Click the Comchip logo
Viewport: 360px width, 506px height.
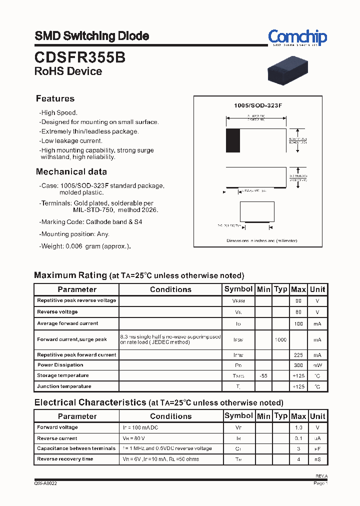[297, 37]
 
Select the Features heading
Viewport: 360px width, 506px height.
[55, 98]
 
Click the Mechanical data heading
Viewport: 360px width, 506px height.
[71, 171]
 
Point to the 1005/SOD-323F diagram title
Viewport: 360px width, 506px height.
[258, 106]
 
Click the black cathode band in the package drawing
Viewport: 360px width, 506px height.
[233, 140]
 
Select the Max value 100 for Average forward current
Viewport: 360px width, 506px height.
[298, 323]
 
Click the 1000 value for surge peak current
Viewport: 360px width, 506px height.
[280, 340]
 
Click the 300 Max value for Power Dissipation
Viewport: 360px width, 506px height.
[298, 365]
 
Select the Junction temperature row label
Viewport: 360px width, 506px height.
[64, 386]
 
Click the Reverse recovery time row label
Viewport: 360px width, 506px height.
[65, 459]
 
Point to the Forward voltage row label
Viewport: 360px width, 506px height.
[57, 427]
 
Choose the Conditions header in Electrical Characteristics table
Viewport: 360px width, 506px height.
[170, 416]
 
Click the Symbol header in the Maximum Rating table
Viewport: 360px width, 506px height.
[238, 289]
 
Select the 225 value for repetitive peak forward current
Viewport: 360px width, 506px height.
[298, 355]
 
